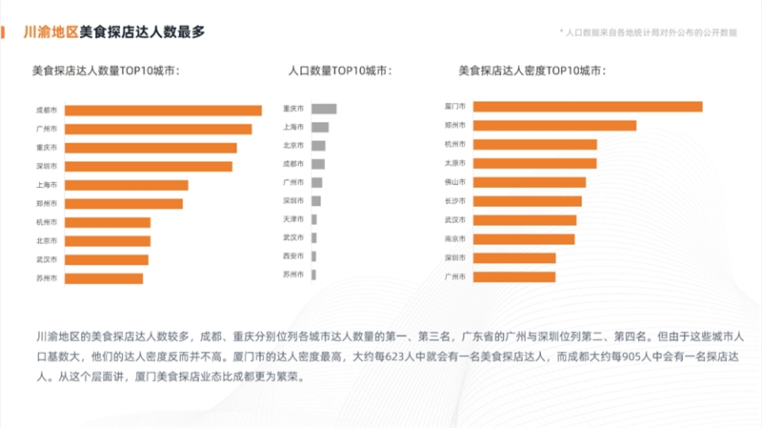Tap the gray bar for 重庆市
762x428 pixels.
[x=324, y=109]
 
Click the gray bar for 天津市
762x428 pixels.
[x=314, y=219]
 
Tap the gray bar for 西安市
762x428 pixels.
[x=313, y=256]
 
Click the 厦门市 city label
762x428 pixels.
[x=454, y=107]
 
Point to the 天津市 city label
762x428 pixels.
[x=292, y=219]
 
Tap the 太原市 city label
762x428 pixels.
[x=454, y=163]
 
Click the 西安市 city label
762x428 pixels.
[x=292, y=256]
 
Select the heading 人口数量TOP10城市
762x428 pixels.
[x=338, y=71]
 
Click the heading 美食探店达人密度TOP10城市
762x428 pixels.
[x=531, y=71]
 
